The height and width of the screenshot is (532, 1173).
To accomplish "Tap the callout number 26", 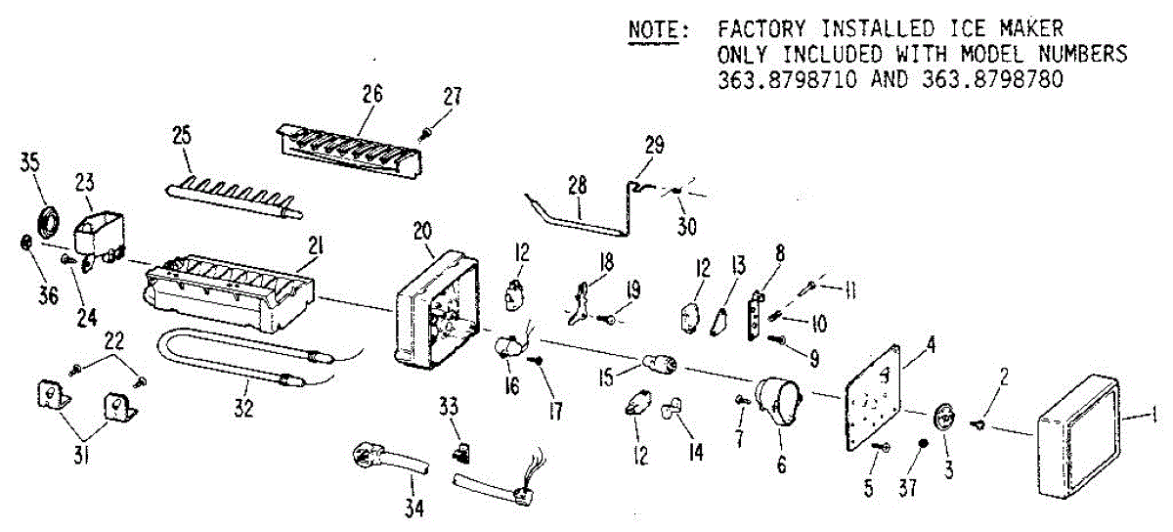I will click(371, 95).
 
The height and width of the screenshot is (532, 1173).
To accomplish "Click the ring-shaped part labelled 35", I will click(45, 218).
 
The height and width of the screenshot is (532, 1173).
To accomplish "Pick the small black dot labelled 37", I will click(922, 445).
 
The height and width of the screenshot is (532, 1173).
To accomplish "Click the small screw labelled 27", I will click(428, 132).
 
